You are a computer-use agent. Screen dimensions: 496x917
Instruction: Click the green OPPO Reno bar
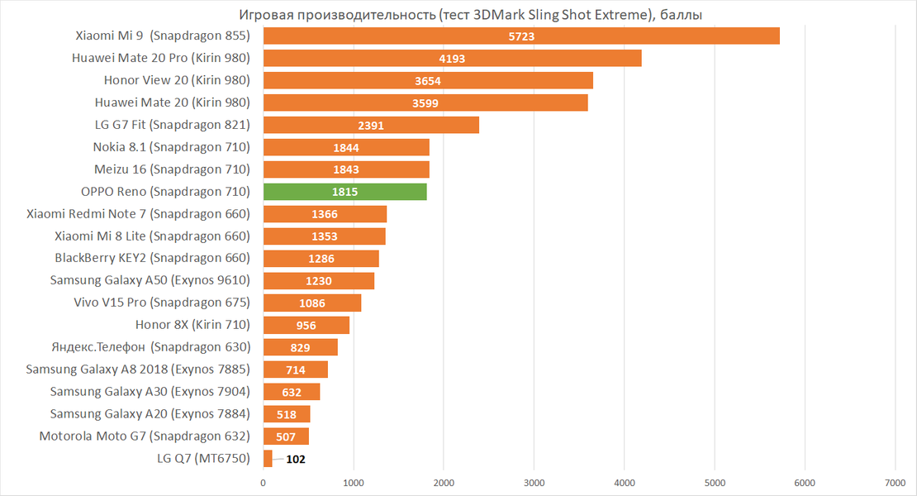[344, 192]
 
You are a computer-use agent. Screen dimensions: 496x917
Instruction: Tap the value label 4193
[452, 58]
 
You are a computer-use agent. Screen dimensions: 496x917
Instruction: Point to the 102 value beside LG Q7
[295, 459]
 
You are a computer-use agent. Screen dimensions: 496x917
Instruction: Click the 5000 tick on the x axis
[715, 482]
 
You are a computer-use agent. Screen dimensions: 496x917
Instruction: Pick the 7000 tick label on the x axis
[895, 482]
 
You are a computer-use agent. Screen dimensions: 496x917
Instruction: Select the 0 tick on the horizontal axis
[264, 482]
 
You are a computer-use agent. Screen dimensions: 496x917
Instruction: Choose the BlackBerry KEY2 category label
[152, 258]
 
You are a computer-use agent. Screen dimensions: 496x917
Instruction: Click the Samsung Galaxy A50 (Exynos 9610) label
[150, 280]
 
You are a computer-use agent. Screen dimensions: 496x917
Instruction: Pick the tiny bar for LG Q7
[268, 459]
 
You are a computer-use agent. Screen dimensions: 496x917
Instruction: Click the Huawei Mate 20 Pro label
[161, 58]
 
